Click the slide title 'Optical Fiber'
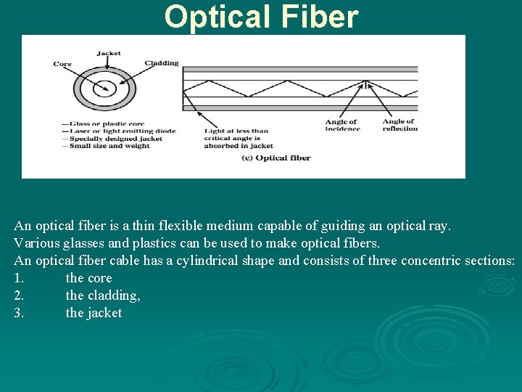[261, 17]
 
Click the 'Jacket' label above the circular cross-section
[109, 53]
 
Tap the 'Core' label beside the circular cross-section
[62, 64]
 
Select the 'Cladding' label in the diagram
[162, 63]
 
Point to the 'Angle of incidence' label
[341, 125]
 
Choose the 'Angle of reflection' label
[399, 125]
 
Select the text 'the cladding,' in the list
[103, 295]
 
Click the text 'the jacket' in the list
[94, 313]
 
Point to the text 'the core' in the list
[88, 278]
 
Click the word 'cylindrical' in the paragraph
[208, 261]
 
